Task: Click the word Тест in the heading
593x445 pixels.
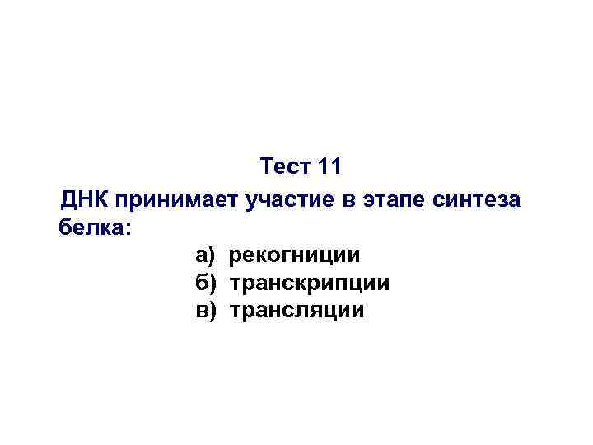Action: point(285,167)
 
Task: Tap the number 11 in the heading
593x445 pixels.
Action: point(329,167)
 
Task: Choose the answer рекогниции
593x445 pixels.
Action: point(294,256)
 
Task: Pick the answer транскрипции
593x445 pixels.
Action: point(309,284)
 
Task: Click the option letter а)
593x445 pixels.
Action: point(205,256)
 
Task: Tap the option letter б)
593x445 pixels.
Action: point(205,283)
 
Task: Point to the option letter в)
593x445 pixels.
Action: point(205,311)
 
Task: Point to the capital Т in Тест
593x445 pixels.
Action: point(267,167)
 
